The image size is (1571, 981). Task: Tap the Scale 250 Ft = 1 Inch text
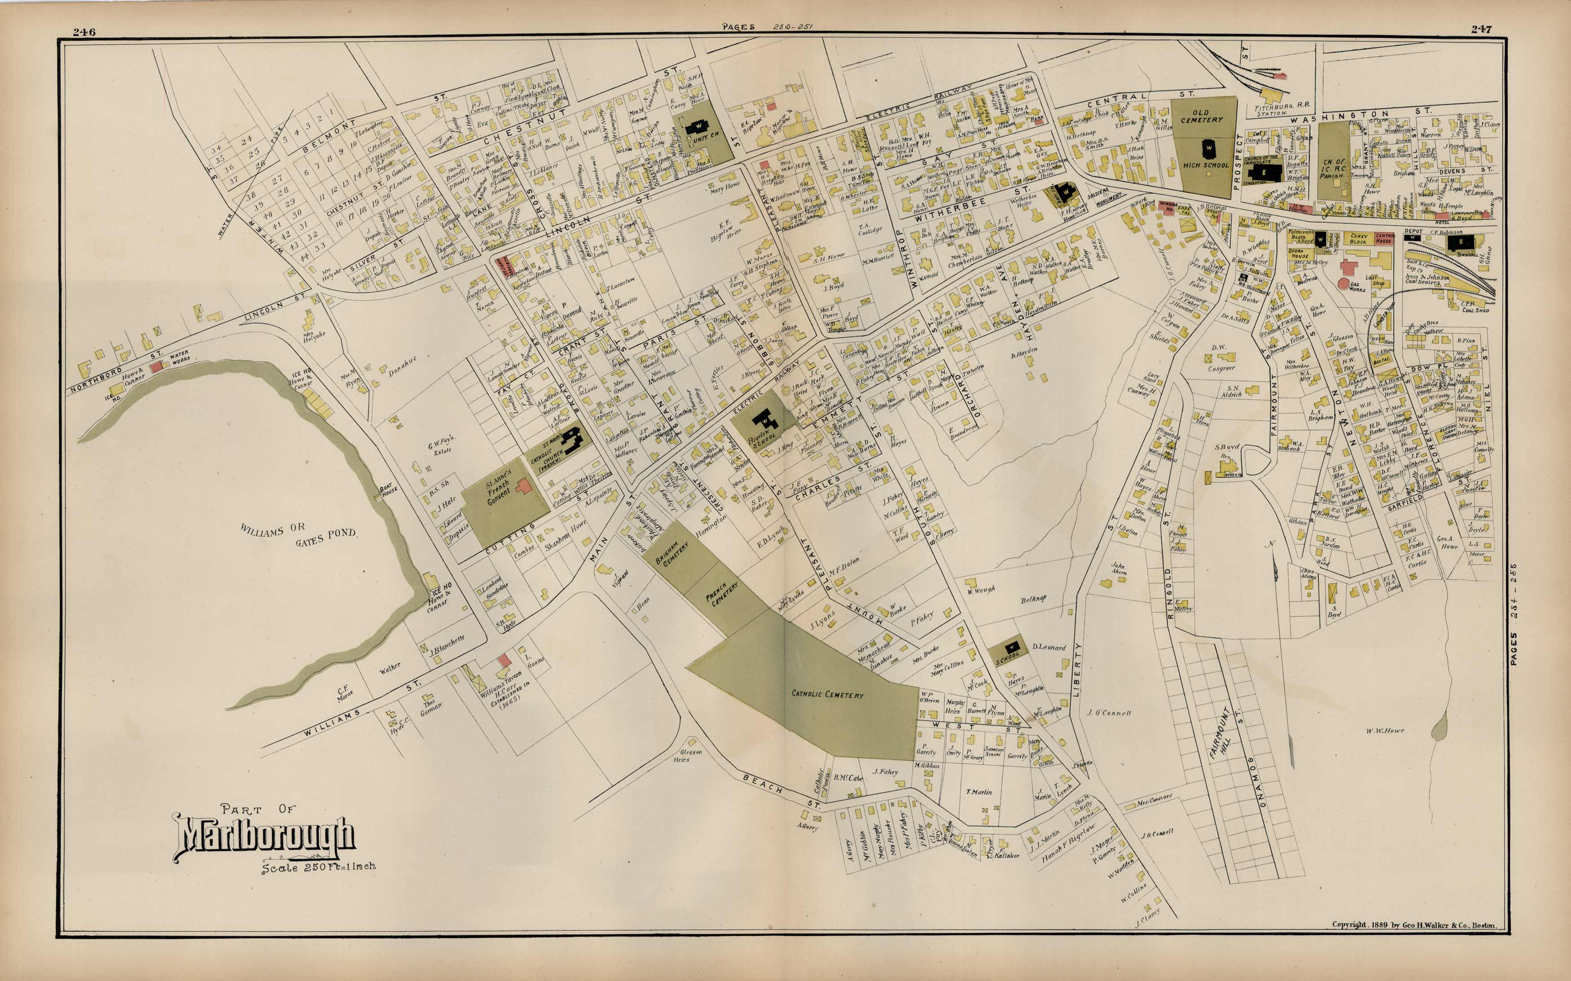(318, 867)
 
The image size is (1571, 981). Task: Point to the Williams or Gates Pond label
(298, 534)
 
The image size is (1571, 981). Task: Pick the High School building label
(1206, 165)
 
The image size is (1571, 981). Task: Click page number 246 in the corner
(84, 32)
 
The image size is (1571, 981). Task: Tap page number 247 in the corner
(1481, 29)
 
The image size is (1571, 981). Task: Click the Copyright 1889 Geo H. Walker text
(1414, 924)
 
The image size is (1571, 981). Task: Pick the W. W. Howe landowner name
(1385, 731)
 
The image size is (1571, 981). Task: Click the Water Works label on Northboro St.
(180, 358)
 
